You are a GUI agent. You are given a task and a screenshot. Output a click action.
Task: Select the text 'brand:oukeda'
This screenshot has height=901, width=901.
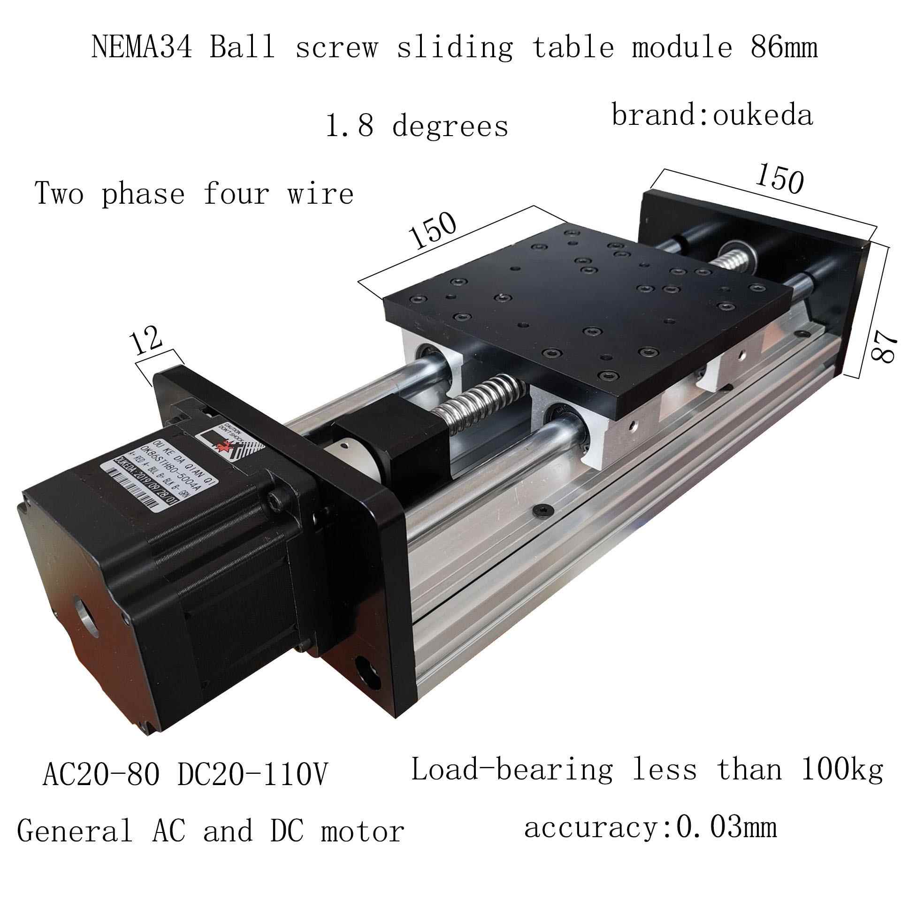(x=712, y=115)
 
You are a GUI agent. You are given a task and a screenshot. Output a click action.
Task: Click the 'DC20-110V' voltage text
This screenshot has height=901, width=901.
(x=252, y=774)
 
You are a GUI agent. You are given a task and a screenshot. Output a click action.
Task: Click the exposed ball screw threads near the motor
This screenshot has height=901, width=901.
(x=479, y=389)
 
